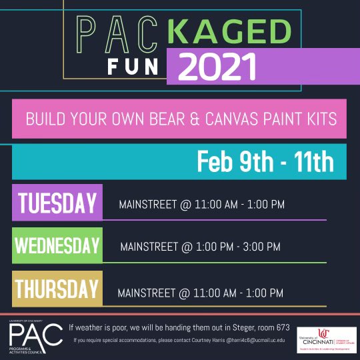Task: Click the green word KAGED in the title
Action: click(230, 32)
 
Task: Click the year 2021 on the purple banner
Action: click(217, 67)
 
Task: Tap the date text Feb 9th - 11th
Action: click(266, 162)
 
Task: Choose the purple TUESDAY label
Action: click(57, 202)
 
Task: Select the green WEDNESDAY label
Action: click(57, 246)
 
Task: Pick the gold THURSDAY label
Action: click(57, 289)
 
